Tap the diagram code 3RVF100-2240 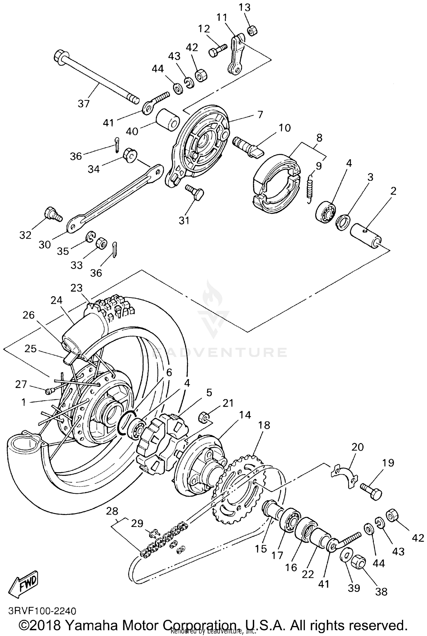(x=42, y=611)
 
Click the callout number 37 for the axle (x=84, y=103)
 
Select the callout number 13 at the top (x=244, y=7)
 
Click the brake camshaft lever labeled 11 (x=236, y=54)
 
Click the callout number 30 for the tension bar (x=45, y=244)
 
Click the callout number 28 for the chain (x=112, y=511)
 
